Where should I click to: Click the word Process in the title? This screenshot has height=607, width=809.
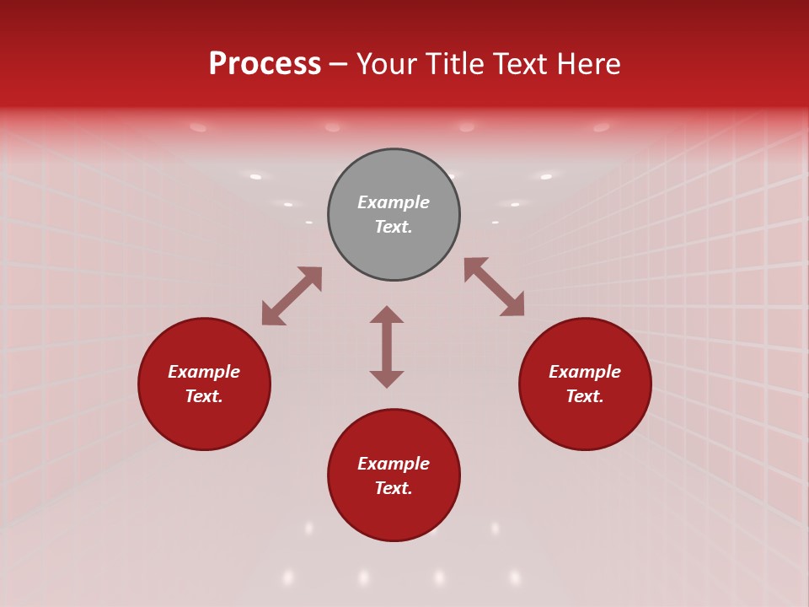[265, 64]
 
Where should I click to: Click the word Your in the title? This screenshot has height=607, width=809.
[387, 64]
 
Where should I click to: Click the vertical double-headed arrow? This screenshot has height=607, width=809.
[387, 346]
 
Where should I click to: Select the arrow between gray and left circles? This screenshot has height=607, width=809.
[292, 296]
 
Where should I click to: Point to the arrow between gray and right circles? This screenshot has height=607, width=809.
[495, 287]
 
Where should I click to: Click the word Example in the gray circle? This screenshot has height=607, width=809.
[394, 202]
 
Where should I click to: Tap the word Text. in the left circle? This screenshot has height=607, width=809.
[204, 396]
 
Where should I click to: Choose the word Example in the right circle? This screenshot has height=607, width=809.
[585, 372]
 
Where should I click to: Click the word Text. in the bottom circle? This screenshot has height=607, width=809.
[394, 488]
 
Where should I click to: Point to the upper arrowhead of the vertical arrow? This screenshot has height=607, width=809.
[387, 315]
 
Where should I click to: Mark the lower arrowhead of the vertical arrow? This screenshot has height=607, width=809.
[387, 379]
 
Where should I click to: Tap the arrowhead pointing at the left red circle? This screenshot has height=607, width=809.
[271, 315]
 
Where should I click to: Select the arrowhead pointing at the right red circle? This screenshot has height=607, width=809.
[513, 306]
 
